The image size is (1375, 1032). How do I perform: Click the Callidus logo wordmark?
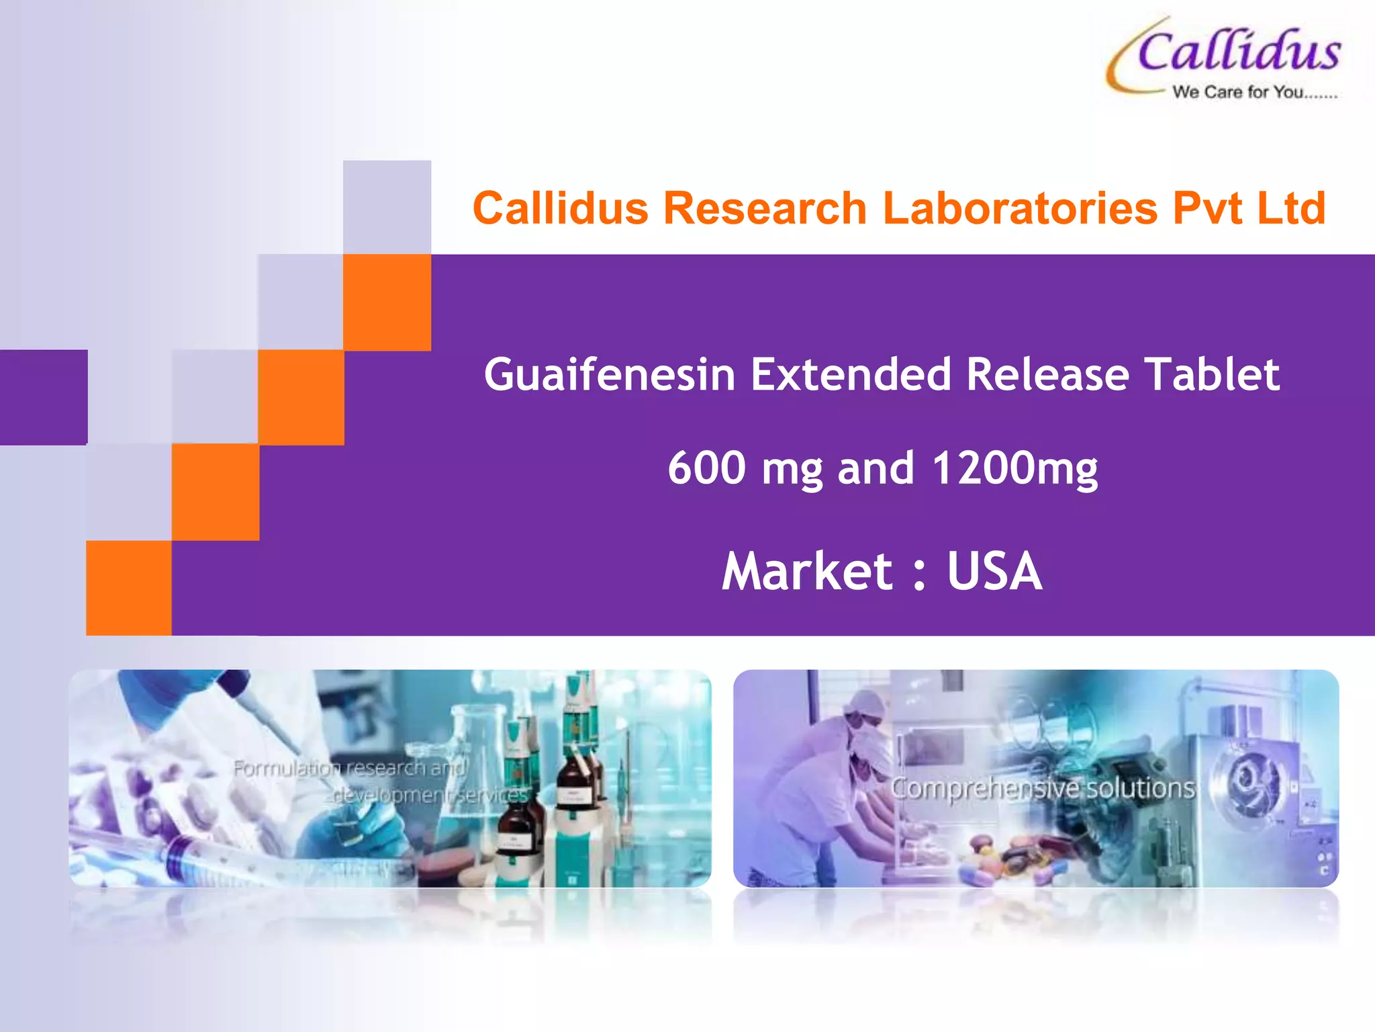[x=1239, y=52]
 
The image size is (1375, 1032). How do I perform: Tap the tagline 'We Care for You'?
[x=1254, y=93]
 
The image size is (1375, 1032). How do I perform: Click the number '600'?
[x=706, y=468]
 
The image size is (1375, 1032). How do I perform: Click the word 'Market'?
[x=807, y=571]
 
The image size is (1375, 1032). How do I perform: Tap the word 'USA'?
[x=994, y=571]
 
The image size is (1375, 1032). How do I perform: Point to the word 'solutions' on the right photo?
[x=1141, y=788]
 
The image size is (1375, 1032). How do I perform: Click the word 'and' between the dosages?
[x=876, y=468]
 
